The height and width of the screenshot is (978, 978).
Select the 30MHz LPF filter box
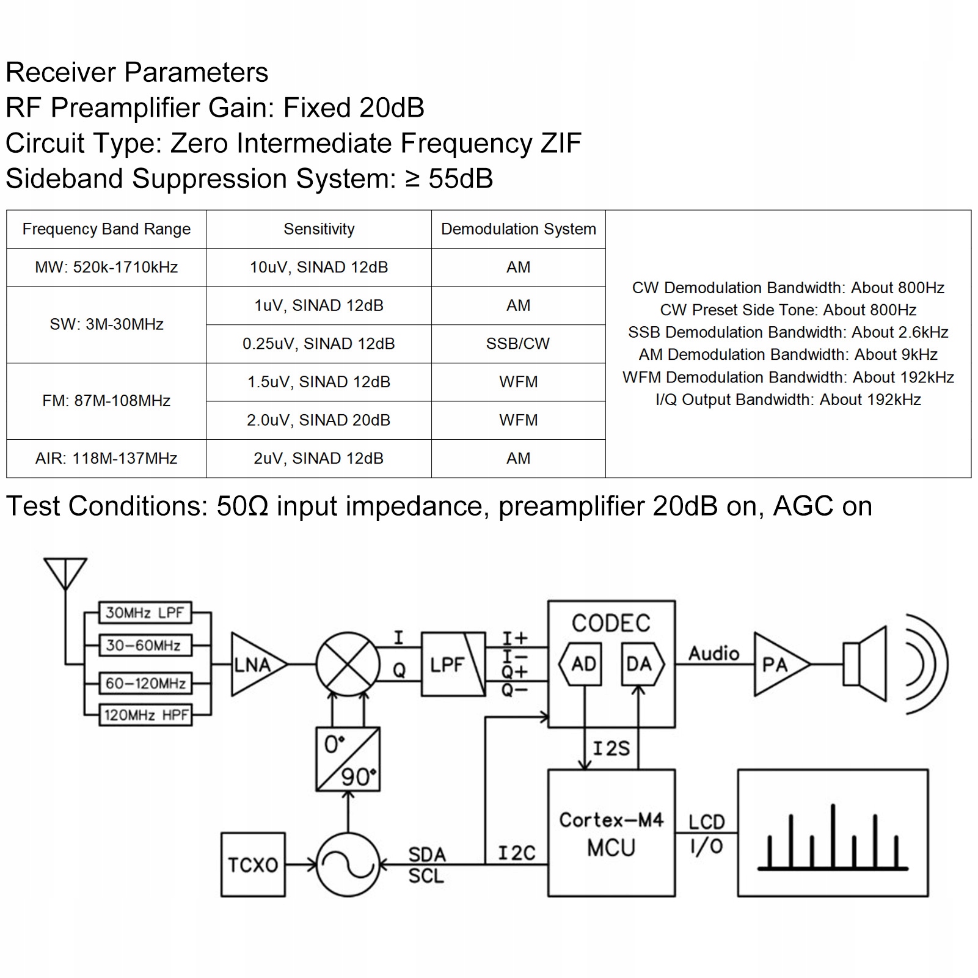click(x=145, y=613)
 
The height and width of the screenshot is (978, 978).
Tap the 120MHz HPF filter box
click(x=145, y=715)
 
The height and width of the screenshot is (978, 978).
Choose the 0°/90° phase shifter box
click(x=348, y=759)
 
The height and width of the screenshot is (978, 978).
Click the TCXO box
click(x=253, y=864)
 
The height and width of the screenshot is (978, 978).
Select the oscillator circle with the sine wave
click(x=348, y=864)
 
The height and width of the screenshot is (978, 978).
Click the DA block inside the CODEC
click(x=639, y=664)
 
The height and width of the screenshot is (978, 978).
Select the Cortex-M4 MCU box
click(x=611, y=833)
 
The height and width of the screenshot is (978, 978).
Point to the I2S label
click(x=611, y=748)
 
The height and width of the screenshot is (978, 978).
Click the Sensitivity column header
click(x=319, y=229)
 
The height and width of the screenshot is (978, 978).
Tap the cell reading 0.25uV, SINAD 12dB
click(x=319, y=344)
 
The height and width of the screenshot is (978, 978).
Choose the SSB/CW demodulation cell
click(x=518, y=344)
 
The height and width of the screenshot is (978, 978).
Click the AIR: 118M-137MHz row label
click(x=106, y=459)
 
